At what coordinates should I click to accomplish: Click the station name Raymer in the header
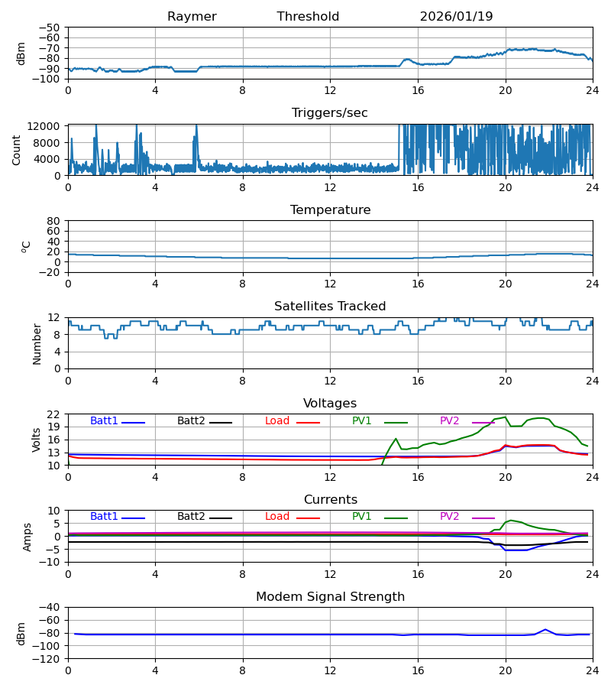point(192,17)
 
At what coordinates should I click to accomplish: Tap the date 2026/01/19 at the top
point(456,17)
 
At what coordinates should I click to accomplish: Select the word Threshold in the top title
point(308,17)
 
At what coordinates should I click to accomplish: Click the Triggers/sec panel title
point(330,113)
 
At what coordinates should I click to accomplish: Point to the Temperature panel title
point(330,210)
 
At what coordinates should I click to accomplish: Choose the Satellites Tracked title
point(330,307)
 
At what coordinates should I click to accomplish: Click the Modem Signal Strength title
point(330,597)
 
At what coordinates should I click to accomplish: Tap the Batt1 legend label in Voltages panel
point(104,421)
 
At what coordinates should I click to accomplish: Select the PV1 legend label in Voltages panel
point(361,421)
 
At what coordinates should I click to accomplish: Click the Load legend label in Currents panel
point(277,517)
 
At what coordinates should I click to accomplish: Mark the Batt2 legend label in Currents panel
point(191,517)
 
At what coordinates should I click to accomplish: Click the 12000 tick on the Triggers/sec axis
point(47,127)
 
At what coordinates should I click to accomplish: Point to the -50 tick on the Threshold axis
point(53,28)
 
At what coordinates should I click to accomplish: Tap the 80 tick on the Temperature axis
point(54,221)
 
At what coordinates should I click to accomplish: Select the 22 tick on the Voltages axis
point(54,414)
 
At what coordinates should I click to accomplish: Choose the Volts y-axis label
point(37,440)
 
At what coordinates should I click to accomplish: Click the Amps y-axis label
point(27,537)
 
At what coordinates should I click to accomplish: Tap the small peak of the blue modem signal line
point(545,629)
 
